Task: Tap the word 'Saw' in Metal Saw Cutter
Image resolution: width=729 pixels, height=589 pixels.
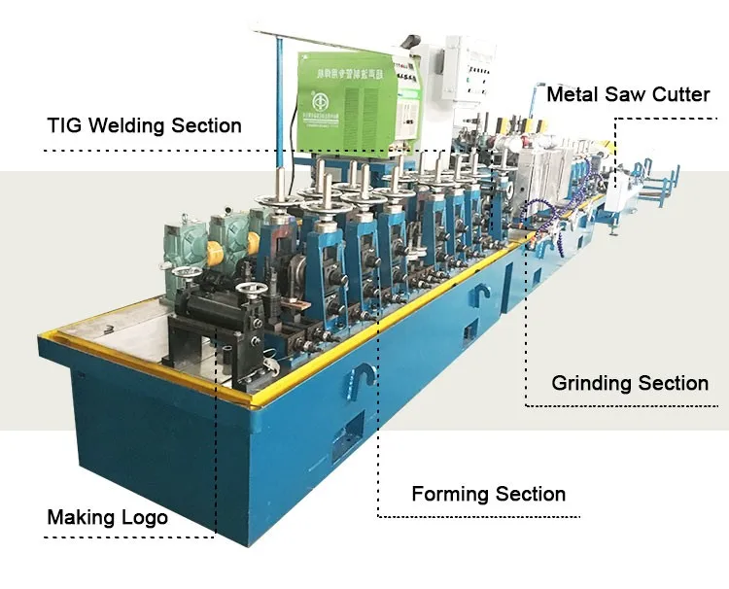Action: pos(624,95)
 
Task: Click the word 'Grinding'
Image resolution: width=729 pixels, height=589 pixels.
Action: pos(592,383)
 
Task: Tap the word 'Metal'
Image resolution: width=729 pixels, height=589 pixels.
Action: pos(573,95)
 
